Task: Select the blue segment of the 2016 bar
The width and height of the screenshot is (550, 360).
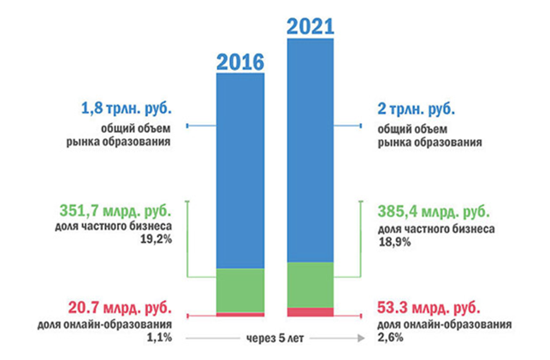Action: tap(240, 171)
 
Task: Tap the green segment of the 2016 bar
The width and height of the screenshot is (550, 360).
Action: tap(240, 291)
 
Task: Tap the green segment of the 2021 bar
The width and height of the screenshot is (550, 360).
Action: tap(310, 284)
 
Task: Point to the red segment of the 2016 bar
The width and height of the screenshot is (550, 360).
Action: tap(240, 315)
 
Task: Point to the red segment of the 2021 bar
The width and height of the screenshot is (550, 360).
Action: tap(310, 311)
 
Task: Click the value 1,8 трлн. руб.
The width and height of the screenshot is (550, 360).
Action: tap(126, 109)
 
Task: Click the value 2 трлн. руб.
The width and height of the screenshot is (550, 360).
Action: tap(415, 109)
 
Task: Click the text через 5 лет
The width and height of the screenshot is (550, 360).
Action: tap(275, 338)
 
